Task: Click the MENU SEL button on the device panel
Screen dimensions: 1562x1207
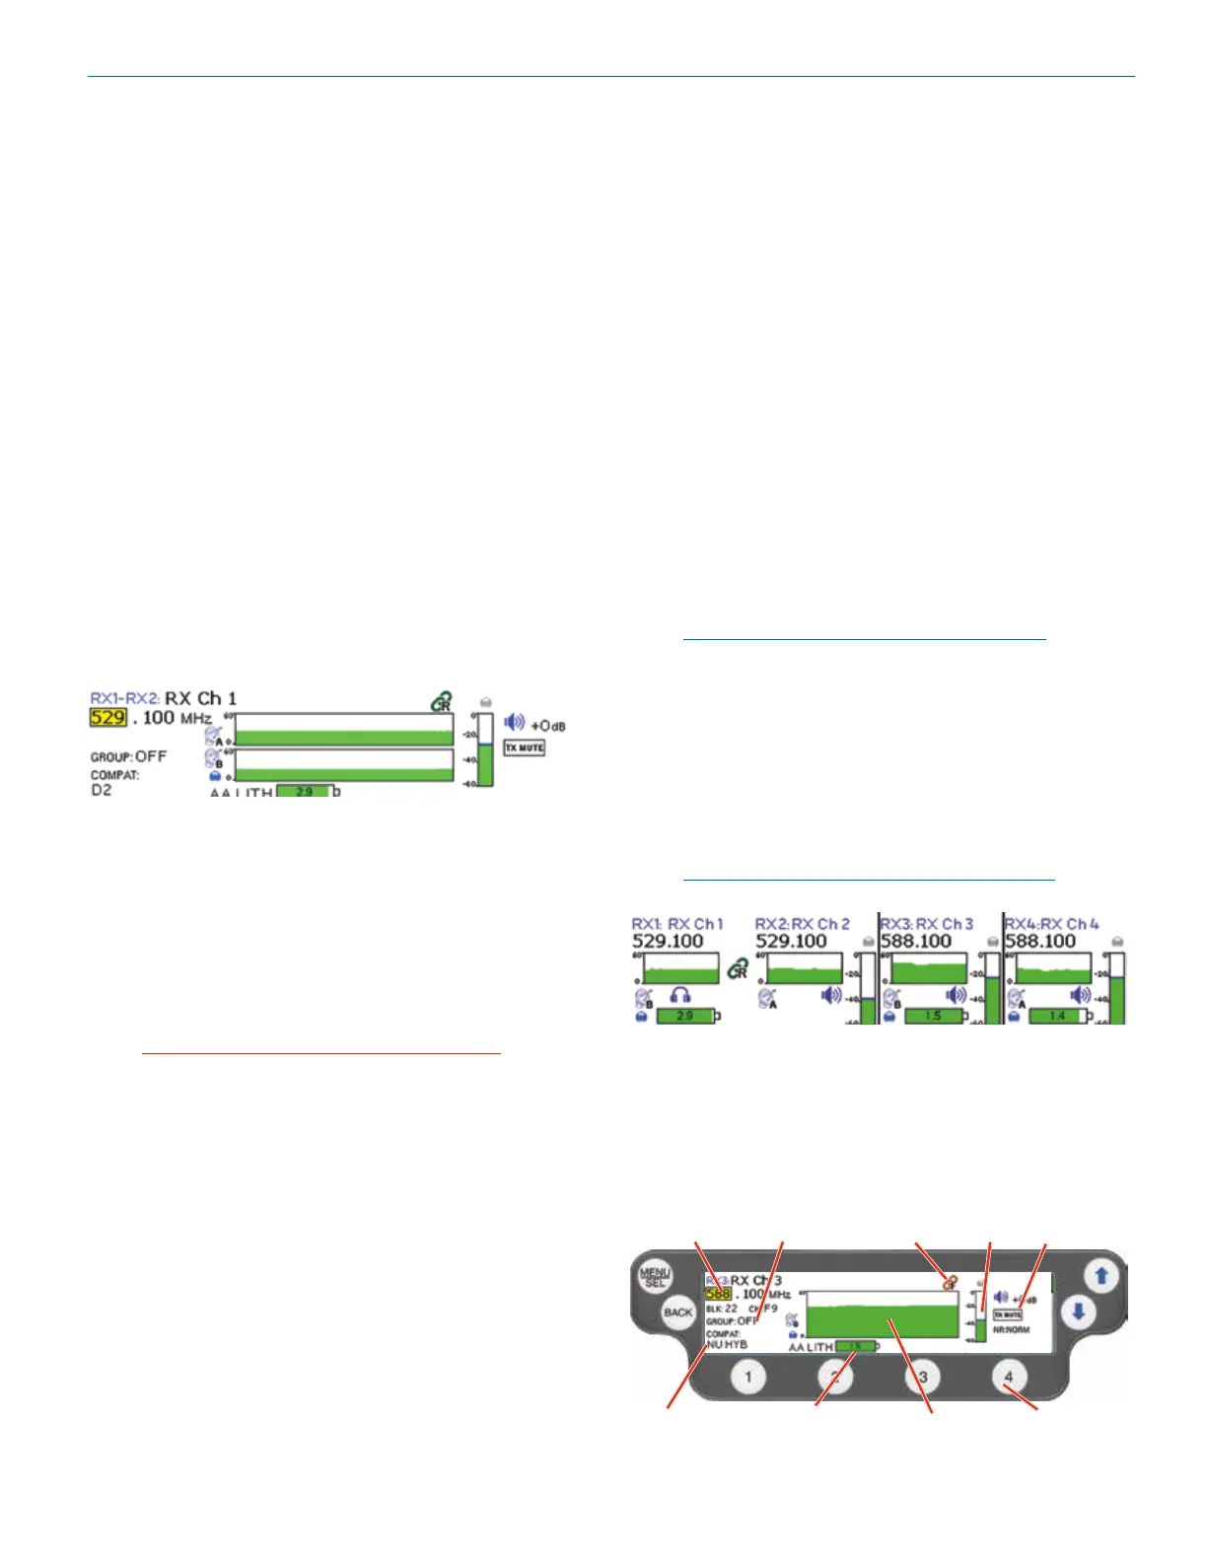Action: (655, 1277)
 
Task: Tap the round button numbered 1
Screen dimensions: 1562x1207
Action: (748, 1377)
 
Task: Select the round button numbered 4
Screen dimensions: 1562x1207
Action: (1008, 1377)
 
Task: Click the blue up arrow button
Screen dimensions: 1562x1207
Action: (1102, 1276)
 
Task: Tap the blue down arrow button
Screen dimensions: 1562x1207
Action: (1079, 1313)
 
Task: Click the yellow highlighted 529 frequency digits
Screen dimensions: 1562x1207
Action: (107, 717)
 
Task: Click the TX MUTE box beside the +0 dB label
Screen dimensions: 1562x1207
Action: (525, 747)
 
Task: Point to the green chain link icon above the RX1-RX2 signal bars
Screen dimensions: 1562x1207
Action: (441, 702)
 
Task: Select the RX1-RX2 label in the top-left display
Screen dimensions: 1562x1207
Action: (124, 698)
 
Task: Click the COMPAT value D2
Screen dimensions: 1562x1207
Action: (102, 790)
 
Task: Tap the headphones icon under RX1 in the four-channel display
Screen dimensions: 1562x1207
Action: (679, 996)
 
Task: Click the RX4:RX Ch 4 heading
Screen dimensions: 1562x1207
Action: (1051, 924)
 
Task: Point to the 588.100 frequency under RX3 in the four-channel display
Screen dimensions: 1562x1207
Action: (916, 942)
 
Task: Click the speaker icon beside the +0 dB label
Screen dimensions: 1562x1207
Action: (514, 723)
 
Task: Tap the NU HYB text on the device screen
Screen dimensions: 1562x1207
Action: (727, 1344)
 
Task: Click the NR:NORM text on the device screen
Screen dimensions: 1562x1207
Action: (1011, 1329)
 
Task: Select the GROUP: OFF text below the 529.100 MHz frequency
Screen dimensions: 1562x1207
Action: (128, 756)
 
